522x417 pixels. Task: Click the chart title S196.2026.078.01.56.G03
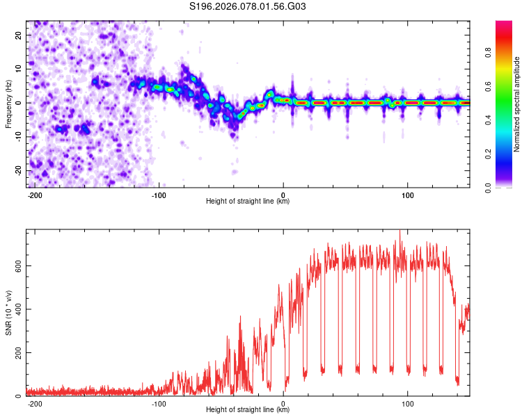[x=248, y=6]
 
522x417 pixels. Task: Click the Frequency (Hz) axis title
[x=9, y=103]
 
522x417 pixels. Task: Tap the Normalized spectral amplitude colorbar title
[x=516, y=104]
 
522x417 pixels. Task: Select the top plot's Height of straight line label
[x=248, y=202]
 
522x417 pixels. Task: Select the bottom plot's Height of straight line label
[x=248, y=410]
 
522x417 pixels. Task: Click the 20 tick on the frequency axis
[x=18, y=35]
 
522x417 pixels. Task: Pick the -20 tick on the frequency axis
[x=17, y=171]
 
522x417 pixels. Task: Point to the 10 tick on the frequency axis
[x=18, y=69]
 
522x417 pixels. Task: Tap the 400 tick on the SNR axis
[x=15, y=309]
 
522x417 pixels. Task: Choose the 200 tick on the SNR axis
[x=15, y=352]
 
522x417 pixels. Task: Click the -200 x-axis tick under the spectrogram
[x=34, y=195]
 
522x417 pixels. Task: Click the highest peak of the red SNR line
[x=400, y=231]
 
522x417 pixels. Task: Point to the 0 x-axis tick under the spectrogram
[x=283, y=195]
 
